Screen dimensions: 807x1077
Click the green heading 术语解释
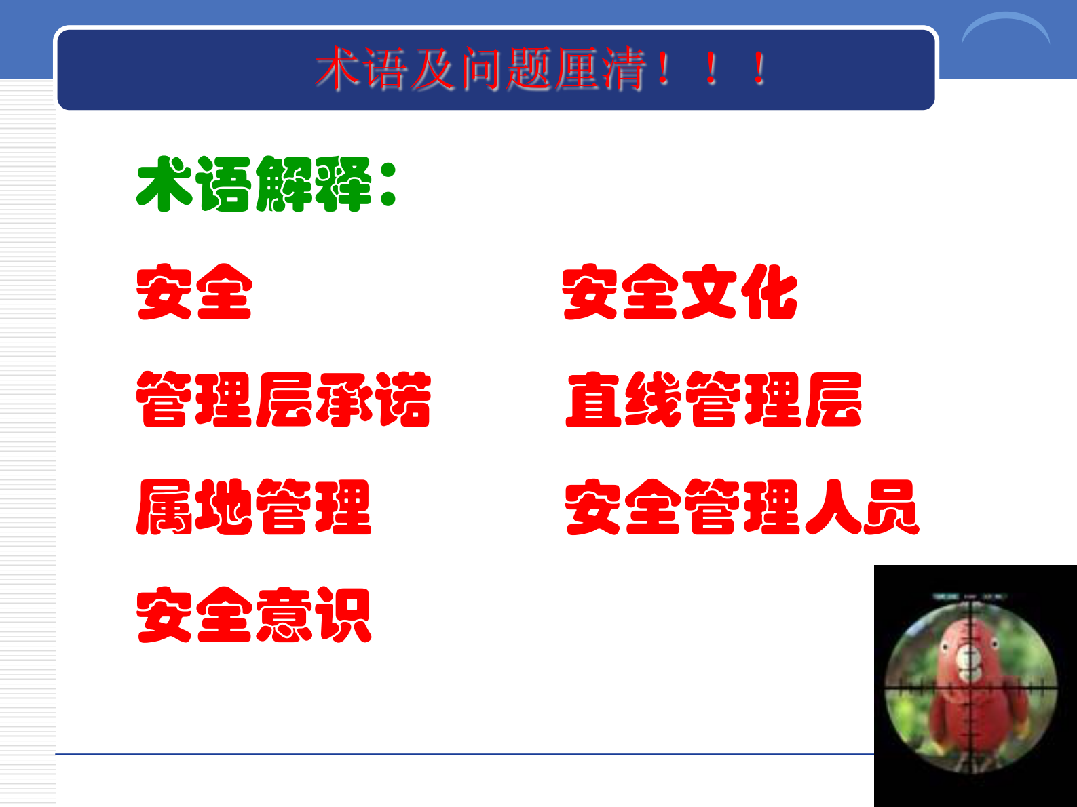click(x=254, y=184)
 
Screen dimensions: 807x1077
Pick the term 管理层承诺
click(x=284, y=399)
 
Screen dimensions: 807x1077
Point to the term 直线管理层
click(x=713, y=399)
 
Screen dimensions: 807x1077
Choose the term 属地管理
click(x=254, y=507)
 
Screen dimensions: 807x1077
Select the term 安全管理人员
click(x=742, y=507)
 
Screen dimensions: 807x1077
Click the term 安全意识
click(x=254, y=615)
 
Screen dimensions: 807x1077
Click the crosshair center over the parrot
click(x=972, y=688)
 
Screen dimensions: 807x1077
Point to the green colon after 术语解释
click(x=388, y=184)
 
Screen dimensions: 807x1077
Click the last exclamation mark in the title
click(x=760, y=69)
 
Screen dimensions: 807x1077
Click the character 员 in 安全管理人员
click(x=891, y=507)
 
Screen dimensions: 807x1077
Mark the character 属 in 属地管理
click(x=164, y=507)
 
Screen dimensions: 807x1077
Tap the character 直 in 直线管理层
click(x=594, y=399)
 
